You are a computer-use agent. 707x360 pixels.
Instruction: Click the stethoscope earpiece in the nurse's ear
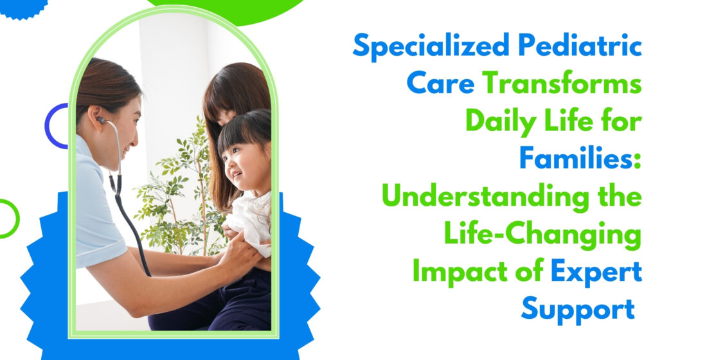(x=101, y=120)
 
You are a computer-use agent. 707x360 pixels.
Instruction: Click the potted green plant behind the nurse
(x=183, y=190)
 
